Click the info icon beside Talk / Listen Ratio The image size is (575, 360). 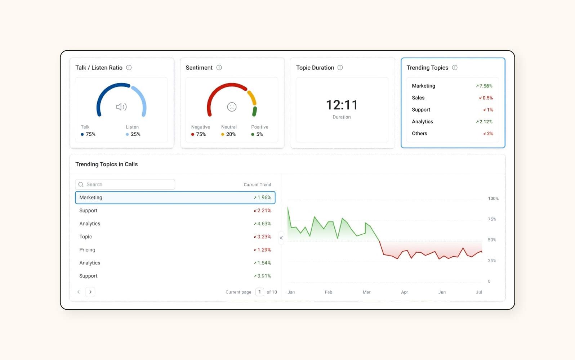click(x=129, y=68)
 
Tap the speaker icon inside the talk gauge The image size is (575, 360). click(x=121, y=107)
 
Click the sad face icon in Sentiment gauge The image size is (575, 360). click(x=232, y=107)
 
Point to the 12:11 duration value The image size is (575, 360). click(x=342, y=105)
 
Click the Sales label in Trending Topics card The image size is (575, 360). click(x=418, y=98)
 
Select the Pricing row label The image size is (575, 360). click(x=87, y=250)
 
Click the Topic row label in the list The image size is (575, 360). click(x=86, y=237)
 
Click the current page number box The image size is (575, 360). click(x=259, y=292)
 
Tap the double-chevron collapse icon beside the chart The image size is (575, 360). click(x=281, y=238)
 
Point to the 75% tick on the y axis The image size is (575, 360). click(x=492, y=219)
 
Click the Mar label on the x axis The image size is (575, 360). click(x=366, y=292)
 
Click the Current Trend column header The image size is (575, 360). click(x=257, y=185)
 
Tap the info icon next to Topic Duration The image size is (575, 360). click(x=340, y=68)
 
